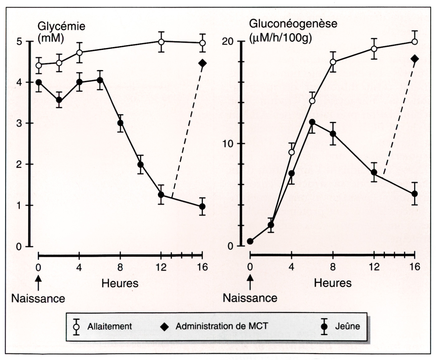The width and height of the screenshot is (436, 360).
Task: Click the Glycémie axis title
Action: tap(61, 31)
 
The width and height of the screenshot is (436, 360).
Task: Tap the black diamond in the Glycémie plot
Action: tap(202, 63)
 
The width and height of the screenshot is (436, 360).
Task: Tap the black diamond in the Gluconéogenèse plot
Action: tap(415, 59)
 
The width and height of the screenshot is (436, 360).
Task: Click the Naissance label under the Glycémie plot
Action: tap(38, 298)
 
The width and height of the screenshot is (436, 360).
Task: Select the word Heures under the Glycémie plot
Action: tap(120, 283)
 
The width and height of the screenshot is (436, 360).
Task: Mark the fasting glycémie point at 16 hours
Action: tap(202, 206)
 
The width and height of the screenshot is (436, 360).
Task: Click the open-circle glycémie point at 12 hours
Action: tap(161, 41)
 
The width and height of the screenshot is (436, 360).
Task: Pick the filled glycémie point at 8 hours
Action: tap(120, 123)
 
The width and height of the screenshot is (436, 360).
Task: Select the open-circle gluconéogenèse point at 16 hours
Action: tap(415, 41)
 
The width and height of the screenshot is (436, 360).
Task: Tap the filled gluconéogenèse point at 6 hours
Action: tap(312, 122)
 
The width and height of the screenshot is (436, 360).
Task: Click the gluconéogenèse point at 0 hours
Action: tap(250, 241)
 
